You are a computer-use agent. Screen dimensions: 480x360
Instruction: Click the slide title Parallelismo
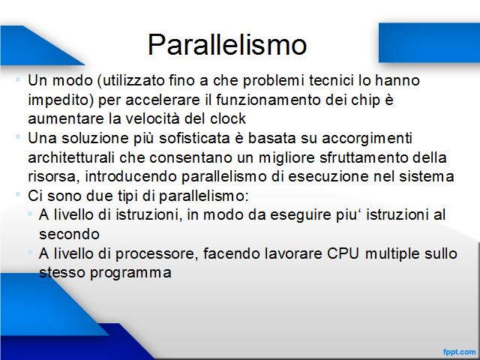point(227,45)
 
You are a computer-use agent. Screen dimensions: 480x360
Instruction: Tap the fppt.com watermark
point(459,352)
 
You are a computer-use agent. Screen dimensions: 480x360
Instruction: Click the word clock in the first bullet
point(228,118)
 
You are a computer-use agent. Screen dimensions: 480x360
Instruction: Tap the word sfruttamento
point(364,157)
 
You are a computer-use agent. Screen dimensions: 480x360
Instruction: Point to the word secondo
point(69,234)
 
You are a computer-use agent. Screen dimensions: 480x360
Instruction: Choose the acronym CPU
point(343,253)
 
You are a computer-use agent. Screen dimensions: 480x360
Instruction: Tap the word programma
point(130,273)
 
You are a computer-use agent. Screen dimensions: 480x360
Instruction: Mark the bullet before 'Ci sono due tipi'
point(18,194)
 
